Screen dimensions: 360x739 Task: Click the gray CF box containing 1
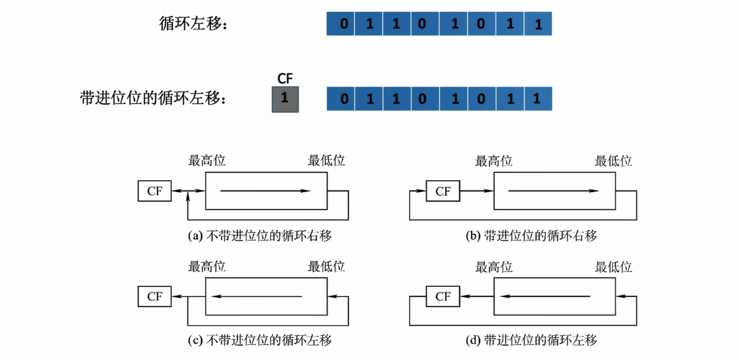[x=285, y=99]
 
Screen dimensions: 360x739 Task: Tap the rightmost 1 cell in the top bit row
[x=538, y=24]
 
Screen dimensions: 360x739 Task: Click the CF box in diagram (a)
[x=155, y=191]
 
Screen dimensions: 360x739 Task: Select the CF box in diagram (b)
[x=443, y=191]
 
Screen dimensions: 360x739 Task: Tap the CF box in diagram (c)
[x=155, y=296]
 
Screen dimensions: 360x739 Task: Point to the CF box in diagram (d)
[x=443, y=296]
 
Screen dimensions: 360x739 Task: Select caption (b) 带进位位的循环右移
[x=531, y=236]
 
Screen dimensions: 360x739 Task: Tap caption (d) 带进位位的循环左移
[x=531, y=340]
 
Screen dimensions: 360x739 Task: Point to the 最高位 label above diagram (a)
[x=207, y=161]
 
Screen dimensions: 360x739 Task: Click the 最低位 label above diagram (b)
[x=613, y=161]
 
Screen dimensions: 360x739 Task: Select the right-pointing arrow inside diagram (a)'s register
[x=265, y=191]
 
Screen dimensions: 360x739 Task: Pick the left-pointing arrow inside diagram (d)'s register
[x=548, y=296]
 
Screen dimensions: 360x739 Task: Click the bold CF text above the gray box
[x=285, y=79]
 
